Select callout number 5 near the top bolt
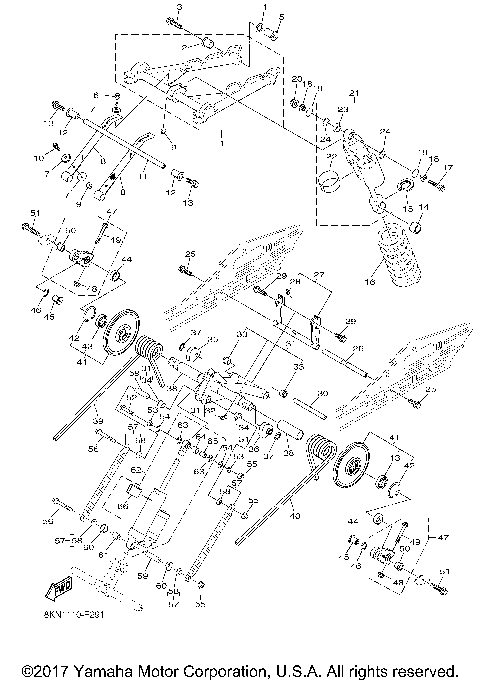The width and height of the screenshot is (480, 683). [282, 17]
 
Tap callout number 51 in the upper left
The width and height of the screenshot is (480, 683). [33, 213]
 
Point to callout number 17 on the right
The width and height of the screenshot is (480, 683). [449, 167]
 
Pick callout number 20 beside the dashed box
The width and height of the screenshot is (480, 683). [297, 78]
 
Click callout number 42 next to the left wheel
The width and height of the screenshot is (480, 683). [73, 340]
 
